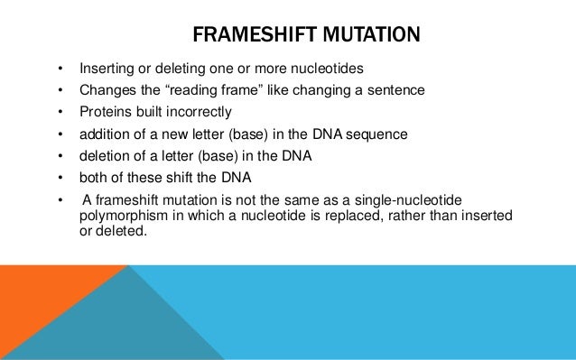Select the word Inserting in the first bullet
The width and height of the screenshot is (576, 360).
[x=106, y=69]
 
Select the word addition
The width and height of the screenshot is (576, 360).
[x=104, y=134]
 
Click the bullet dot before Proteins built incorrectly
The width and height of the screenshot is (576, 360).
[x=60, y=113]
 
